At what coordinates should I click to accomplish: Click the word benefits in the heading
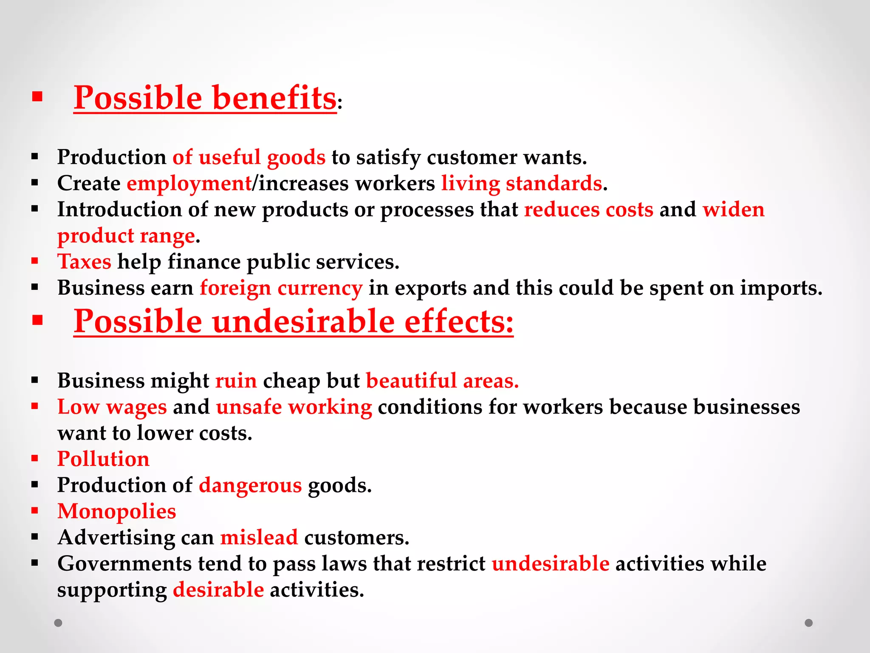click(274, 98)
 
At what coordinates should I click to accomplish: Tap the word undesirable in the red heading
click(303, 321)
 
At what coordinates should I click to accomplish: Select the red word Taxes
click(85, 261)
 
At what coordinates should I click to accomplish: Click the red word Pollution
click(103, 459)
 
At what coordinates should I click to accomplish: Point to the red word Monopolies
click(116, 511)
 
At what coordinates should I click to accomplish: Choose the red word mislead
click(259, 537)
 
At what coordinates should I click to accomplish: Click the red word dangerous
click(250, 485)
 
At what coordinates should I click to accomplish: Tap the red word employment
click(189, 184)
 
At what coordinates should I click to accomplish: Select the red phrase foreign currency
click(281, 288)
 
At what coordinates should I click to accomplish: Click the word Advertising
click(116, 538)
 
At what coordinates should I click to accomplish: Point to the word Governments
click(124, 564)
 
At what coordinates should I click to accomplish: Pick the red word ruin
click(236, 380)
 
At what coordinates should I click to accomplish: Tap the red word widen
click(734, 210)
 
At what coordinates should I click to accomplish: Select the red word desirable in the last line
click(218, 590)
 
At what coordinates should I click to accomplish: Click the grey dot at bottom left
click(58, 623)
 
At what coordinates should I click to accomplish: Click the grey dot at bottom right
click(809, 623)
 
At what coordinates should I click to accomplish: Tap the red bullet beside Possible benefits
click(37, 97)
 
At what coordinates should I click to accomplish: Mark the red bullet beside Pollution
click(35, 459)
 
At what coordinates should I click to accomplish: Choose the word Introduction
click(132, 210)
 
